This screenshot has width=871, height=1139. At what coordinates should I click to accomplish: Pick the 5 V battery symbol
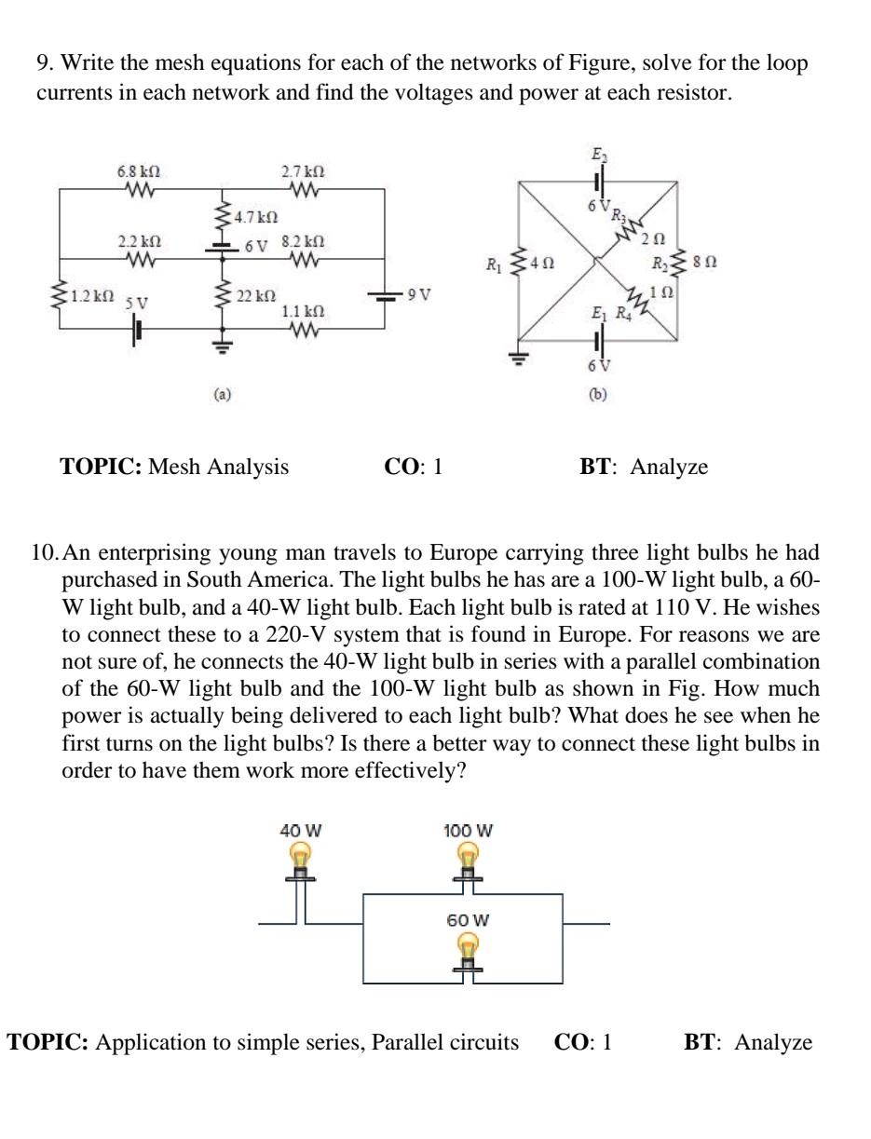click(137, 329)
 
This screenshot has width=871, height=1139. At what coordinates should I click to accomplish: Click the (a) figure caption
click(222, 394)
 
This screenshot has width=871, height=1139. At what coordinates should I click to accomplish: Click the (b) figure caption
click(597, 394)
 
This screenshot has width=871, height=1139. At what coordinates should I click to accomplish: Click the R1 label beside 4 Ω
click(494, 264)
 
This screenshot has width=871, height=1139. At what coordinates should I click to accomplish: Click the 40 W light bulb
click(300, 858)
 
